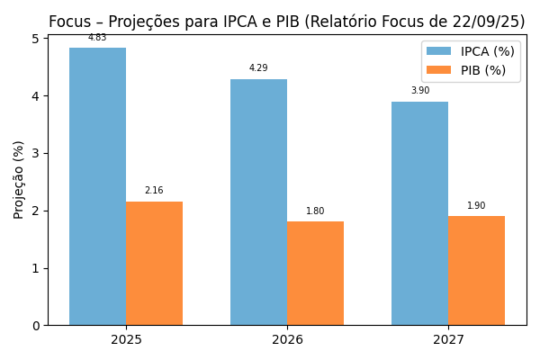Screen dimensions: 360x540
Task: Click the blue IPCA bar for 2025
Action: click(x=97, y=186)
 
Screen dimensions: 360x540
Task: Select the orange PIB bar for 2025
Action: click(x=154, y=263)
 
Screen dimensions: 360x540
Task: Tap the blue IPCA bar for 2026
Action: click(x=258, y=202)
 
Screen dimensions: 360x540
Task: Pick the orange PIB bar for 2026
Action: click(x=315, y=274)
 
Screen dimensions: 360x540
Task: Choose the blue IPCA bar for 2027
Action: click(x=419, y=213)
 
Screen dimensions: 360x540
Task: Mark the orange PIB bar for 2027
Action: click(x=476, y=270)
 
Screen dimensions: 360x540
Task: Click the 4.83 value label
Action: click(x=97, y=38)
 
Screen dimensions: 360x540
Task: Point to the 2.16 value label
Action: click(x=154, y=191)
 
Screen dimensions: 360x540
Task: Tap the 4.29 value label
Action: click(x=258, y=68)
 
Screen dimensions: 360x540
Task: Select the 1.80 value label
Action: click(x=315, y=211)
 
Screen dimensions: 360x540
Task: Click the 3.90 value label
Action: click(x=419, y=91)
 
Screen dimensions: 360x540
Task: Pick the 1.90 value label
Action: click(x=476, y=206)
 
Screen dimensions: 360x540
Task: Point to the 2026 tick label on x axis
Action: click(x=287, y=340)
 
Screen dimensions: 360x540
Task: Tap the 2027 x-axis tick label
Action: click(x=448, y=340)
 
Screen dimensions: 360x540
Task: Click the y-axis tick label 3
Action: click(x=36, y=153)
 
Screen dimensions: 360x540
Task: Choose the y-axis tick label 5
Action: click(x=36, y=39)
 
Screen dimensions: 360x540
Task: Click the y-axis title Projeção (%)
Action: click(x=19, y=179)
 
